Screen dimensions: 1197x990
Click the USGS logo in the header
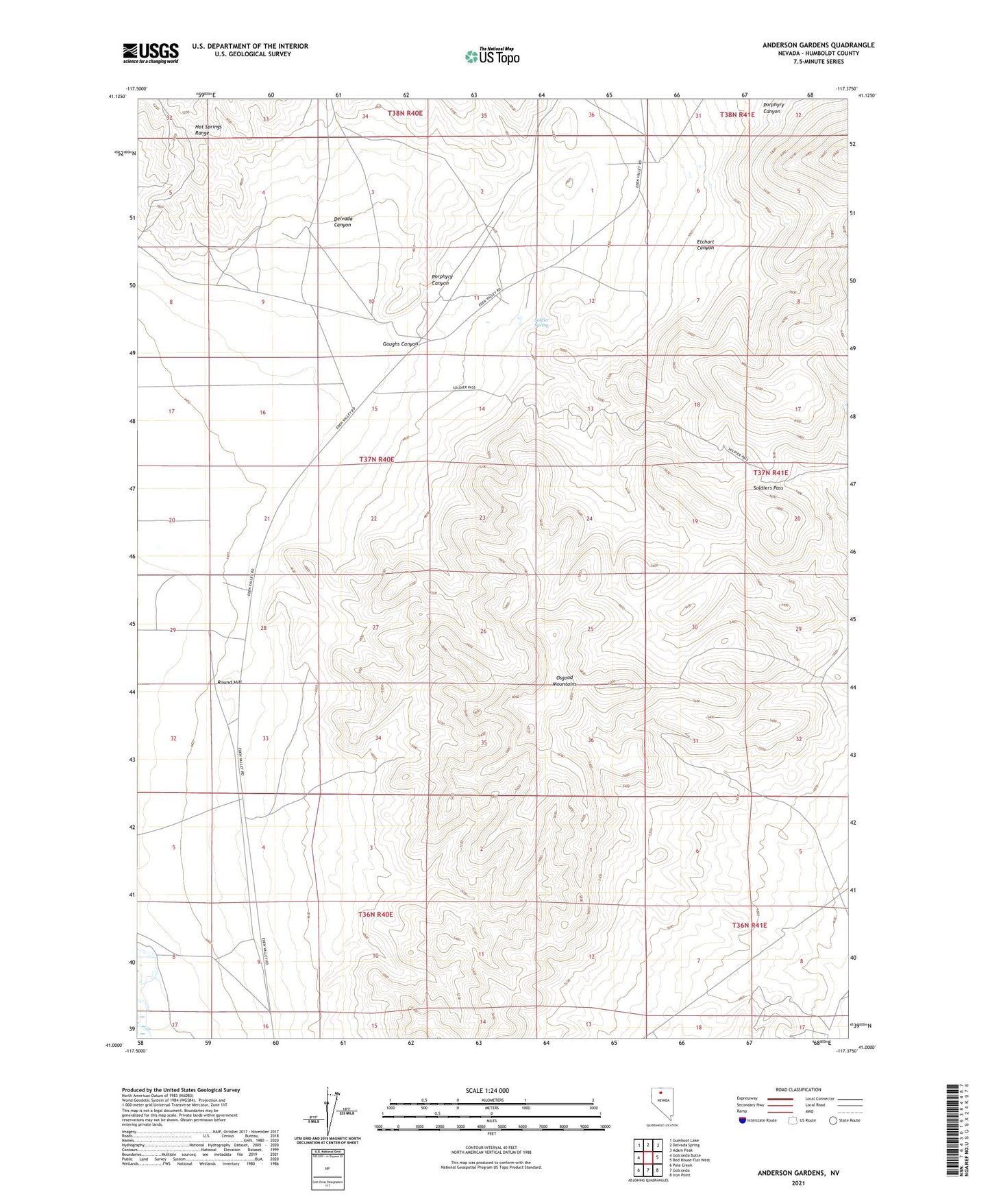(151, 53)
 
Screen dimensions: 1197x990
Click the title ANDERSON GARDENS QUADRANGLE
(818, 45)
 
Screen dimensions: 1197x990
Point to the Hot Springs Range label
(208, 130)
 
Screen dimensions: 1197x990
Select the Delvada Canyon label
(343, 221)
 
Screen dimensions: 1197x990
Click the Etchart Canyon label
(705, 245)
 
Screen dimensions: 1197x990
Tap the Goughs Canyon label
(400, 344)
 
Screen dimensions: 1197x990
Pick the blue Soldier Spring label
(541, 322)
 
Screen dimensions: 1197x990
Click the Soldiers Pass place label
(767, 488)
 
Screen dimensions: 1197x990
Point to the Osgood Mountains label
(564, 681)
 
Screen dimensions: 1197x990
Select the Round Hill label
(230, 683)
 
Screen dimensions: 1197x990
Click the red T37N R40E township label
(377, 459)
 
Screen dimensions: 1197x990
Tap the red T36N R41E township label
(749, 925)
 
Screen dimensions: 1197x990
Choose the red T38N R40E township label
(406, 113)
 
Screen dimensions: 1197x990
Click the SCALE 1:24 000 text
(487, 1091)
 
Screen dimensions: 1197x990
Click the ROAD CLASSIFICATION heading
(799, 1089)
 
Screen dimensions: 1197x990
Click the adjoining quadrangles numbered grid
(647, 1157)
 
